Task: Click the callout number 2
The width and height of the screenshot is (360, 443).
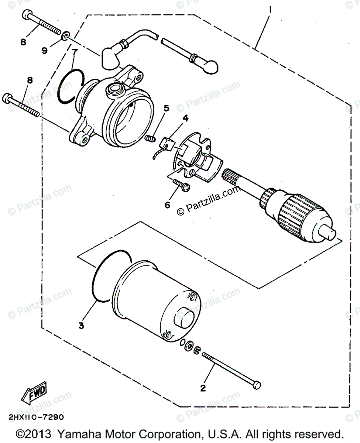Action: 202,388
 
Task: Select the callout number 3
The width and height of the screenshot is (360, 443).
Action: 81,325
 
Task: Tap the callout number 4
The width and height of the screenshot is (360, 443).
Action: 185,118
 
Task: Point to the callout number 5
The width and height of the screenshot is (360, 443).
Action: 166,108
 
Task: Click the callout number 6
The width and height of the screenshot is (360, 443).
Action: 167,204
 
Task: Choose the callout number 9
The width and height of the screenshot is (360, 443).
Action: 45,51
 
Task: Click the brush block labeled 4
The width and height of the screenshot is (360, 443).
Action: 168,143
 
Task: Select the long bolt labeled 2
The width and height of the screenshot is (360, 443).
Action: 229,369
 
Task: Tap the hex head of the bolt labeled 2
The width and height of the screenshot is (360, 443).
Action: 257,385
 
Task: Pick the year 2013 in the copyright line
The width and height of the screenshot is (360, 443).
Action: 40,433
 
